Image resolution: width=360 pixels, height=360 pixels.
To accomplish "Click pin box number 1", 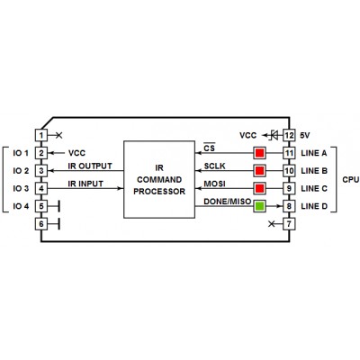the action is tap(41, 135).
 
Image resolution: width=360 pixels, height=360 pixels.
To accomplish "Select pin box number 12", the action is tap(289, 135).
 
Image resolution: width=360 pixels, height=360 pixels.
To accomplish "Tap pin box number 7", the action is tap(289, 224).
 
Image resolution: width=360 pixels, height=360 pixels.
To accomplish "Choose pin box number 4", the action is tap(41, 188).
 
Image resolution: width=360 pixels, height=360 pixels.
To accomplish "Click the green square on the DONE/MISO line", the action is tap(260, 206).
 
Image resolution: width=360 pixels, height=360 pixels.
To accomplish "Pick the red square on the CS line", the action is tap(260, 153).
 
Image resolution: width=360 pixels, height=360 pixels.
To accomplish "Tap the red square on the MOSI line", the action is tap(260, 188).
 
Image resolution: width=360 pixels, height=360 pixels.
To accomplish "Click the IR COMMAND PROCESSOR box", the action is tap(159, 179).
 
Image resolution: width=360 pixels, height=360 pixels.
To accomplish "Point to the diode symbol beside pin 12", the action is tap(274, 135).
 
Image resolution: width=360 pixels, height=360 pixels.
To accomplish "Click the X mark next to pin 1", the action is tap(59, 135).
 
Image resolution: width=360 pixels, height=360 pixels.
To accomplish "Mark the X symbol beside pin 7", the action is tap(271, 224).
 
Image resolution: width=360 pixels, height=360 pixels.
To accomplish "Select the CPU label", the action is tap(351, 179).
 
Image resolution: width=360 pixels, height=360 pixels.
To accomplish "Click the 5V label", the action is tap(305, 135).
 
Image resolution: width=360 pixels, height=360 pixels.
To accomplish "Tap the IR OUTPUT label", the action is tap(90, 166).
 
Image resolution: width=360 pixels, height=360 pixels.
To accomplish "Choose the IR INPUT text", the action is tap(85, 184).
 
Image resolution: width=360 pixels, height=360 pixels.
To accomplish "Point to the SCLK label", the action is tap(215, 166).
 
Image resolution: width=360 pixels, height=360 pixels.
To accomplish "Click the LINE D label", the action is tap(314, 206).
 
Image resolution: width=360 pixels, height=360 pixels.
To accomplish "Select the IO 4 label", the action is tap(21, 206).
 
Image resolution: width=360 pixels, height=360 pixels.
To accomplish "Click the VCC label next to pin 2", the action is tap(76, 153).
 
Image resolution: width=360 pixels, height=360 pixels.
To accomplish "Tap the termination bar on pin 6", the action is tap(58, 224).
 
